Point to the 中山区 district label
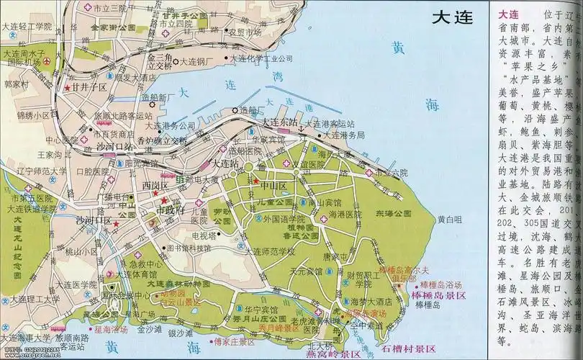click(x=273, y=185)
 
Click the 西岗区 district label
click(x=155, y=185)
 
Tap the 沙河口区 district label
click(x=94, y=220)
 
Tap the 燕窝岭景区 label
click(x=332, y=354)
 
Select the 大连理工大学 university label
click(x=30, y=299)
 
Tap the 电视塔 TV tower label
click(x=204, y=234)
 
